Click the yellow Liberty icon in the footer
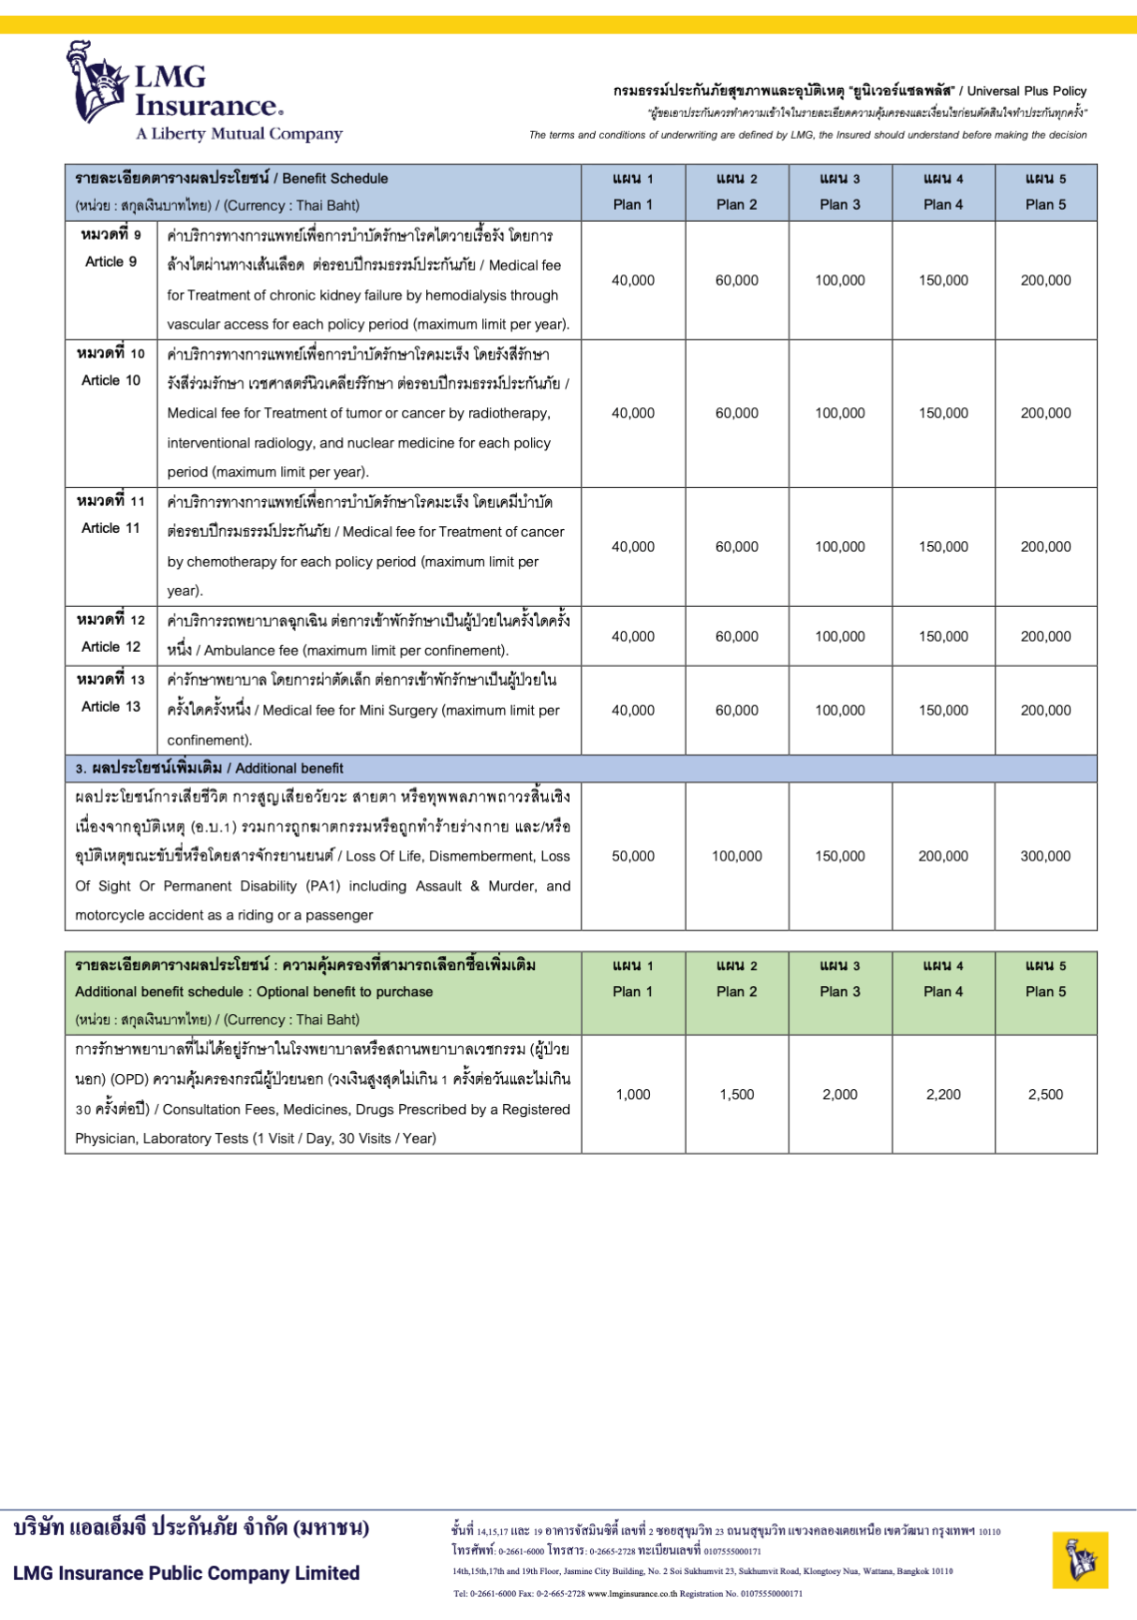click(x=1080, y=1559)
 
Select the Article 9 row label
click(x=111, y=248)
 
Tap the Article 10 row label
click(x=111, y=367)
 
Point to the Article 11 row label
click(x=111, y=515)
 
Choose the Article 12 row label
click(x=111, y=634)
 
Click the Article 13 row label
click(x=111, y=693)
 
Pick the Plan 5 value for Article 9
click(x=1045, y=280)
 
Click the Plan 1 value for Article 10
click(x=633, y=413)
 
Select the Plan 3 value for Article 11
click(x=840, y=547)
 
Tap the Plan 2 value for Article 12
click(x=737, y=637)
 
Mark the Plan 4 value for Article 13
click(x=943, y=711)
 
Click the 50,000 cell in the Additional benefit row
click(x=633, y=856)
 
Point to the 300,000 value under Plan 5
click(x=1045, y=856)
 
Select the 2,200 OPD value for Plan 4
click(x=943, y=1094)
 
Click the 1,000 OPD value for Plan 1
click(x=633, y=1094)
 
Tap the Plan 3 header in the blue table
click(x=840, y=192)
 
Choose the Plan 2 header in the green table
click(x=737, y=979)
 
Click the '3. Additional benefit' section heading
click(x=210, y=769)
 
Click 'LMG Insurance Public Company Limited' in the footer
click(x=186, y=1573)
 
